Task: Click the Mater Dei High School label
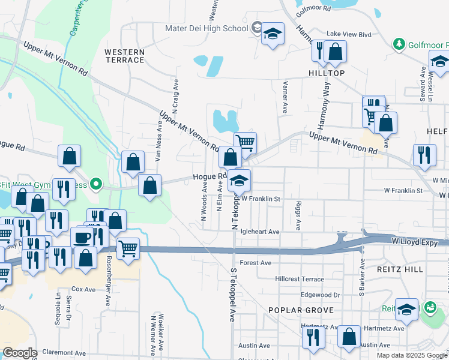(207, 28)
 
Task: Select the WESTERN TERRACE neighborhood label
(124, 56)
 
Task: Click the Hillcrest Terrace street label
(300, 279)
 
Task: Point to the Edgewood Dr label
(321, 295)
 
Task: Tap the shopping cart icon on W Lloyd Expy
(128, 248)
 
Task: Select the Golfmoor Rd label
(313, 9)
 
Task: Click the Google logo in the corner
(20, 352)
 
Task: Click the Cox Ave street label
(83, 289)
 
